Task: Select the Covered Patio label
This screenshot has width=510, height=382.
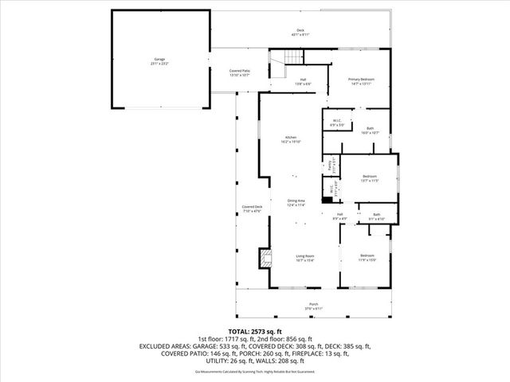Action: point(241,72)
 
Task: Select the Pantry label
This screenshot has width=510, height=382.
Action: point(327,167)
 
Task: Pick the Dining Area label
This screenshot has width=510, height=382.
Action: point(296,202)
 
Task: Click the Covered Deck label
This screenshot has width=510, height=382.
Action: point(252,209)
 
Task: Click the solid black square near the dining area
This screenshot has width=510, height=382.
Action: point(327,201)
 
